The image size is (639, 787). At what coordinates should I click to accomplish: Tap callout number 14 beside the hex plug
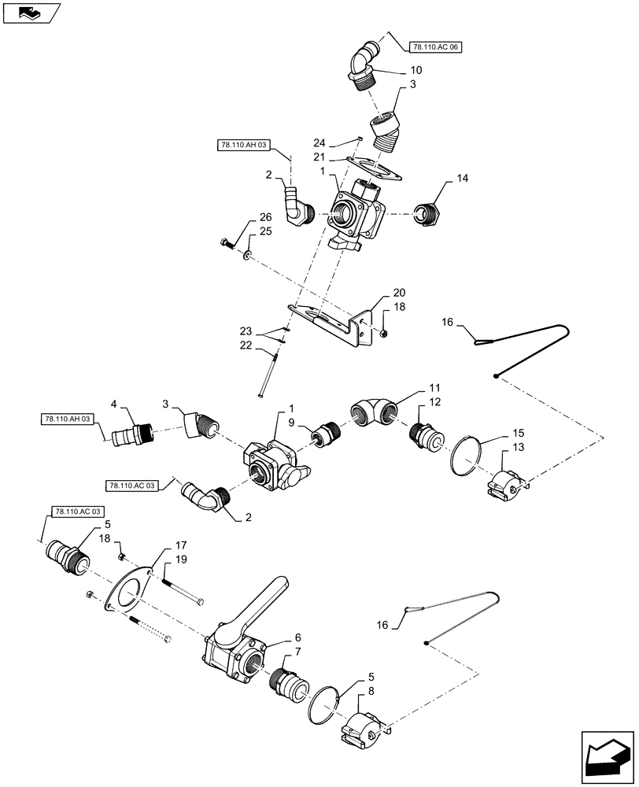[x=460, y=179]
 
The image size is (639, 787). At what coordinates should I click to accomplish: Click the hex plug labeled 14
[x=430, y=213]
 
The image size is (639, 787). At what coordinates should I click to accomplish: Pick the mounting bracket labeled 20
[x=331, y=323]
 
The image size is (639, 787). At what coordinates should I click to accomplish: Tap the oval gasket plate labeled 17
[x=129, y=592]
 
